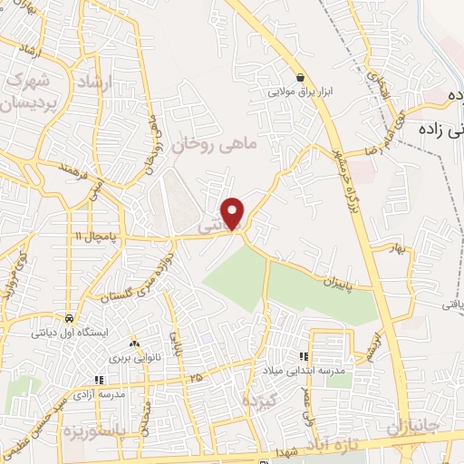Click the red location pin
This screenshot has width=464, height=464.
click(234, 212)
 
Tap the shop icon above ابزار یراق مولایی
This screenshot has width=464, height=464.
click(299, 77)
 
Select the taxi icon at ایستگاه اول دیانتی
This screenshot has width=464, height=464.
click(69, 319)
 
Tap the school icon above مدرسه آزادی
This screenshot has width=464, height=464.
click(99, 381)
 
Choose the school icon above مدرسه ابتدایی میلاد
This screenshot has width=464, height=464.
click(304, 356)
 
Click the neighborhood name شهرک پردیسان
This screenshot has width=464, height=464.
click(25, 91)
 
